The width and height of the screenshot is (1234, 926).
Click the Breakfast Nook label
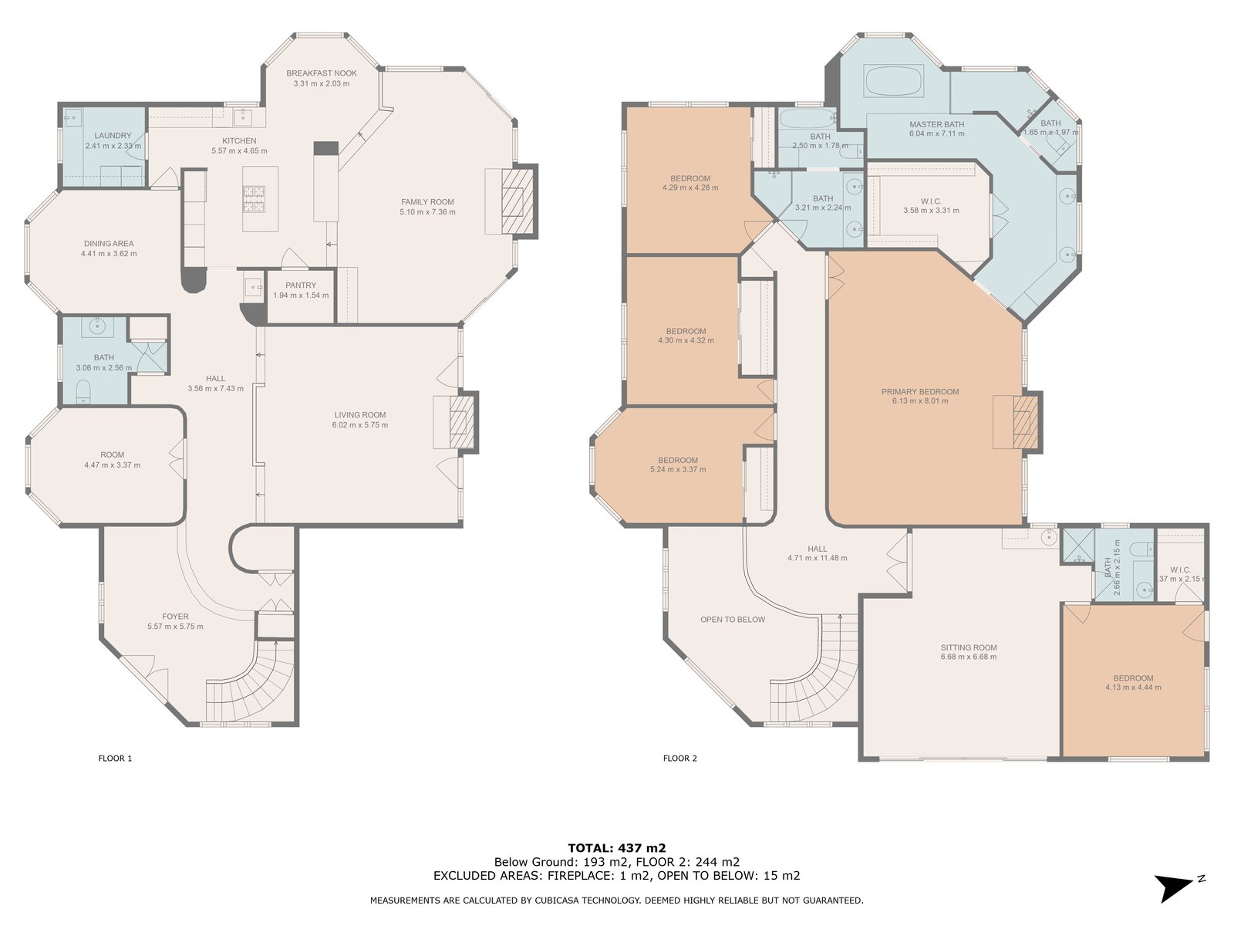(x=321, y=73)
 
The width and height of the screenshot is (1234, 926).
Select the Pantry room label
(x=301, y=285)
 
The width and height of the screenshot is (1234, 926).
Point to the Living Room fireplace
(x=461, y=422)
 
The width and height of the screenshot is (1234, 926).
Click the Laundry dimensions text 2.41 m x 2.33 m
(x=113, y=146)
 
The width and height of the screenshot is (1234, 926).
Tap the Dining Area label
(x=109, y=243)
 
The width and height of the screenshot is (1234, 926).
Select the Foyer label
(x=175, y=617)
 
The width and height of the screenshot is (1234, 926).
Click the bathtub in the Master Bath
(x=893, y=82)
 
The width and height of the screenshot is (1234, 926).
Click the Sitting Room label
(x=969, y=647)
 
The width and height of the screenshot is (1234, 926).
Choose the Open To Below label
(x=733, y=620)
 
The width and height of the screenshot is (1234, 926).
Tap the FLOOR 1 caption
(x=115, y=758)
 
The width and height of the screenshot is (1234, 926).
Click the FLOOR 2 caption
(x=680, y=758)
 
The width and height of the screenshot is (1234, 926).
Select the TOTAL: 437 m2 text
(x=617, y=848)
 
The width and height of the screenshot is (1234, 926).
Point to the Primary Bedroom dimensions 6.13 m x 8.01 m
(x=920, y=400)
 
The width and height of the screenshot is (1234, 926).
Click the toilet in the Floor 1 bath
(x=83, y=390)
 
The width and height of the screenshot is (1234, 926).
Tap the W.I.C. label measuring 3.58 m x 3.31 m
(x=932, y=201)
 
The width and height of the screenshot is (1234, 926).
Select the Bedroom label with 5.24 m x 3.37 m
(x=678, y=460)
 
